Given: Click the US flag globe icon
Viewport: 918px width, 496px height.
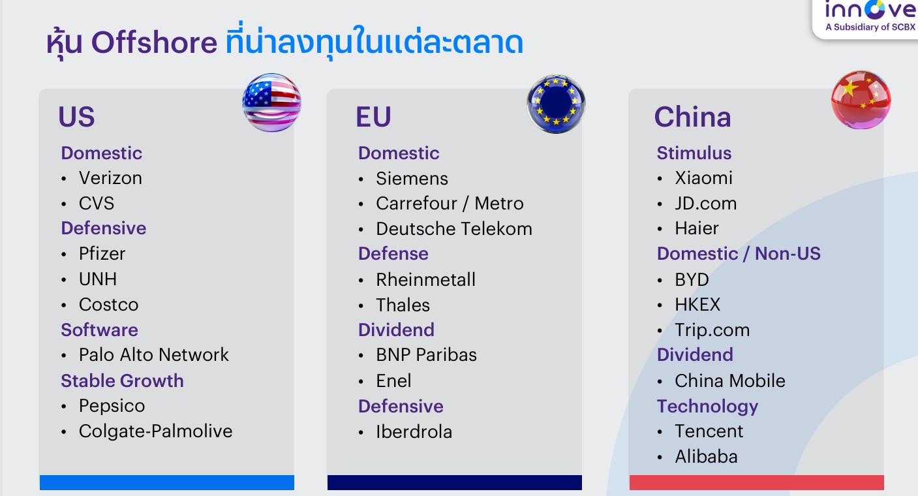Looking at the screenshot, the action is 271,102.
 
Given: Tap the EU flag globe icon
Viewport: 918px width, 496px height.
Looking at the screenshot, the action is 556,104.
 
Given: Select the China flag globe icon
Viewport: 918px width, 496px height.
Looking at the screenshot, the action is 861,100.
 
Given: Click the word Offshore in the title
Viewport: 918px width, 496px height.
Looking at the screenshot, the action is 154,42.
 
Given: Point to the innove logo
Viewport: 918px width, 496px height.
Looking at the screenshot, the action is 870,16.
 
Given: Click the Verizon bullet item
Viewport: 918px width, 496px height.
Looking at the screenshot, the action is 111,178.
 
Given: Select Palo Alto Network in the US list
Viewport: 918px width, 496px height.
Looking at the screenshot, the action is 154,354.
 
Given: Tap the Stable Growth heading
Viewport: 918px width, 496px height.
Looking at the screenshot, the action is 122,381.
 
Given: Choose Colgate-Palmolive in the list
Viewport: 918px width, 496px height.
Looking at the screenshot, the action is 156,431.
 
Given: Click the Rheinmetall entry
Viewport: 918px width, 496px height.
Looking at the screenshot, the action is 426,279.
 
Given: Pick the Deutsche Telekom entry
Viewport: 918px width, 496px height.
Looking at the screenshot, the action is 454,228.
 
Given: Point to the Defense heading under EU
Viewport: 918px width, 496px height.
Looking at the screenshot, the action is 393,254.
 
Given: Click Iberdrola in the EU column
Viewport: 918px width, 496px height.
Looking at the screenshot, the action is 414,431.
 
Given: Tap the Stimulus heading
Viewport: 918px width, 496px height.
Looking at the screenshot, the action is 694,153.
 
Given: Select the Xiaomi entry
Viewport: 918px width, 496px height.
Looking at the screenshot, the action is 703,178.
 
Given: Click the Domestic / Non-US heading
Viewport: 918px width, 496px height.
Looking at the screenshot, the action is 739,254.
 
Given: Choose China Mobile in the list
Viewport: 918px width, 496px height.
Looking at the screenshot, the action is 730,381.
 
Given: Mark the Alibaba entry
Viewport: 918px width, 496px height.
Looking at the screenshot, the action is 707,457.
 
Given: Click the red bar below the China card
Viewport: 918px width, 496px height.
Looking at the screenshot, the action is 757,482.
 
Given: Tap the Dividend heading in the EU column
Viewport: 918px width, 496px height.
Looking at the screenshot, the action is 396,330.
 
